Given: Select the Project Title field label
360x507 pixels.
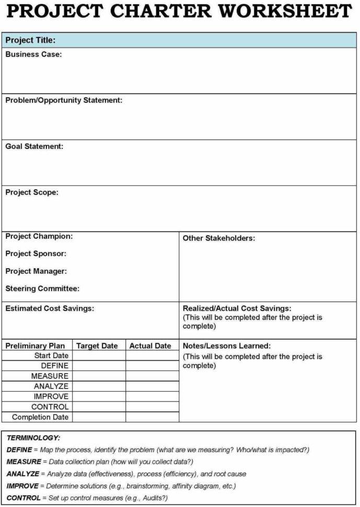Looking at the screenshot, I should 30,40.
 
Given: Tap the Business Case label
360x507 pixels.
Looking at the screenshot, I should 33,54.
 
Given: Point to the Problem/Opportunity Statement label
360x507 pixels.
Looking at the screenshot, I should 64,100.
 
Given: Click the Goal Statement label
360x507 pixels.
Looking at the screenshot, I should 34,146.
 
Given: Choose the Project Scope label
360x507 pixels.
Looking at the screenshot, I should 32,192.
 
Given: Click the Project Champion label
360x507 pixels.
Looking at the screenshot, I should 39,236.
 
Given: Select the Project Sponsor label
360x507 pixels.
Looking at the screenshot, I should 36,254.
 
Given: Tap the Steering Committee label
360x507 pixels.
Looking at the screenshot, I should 42,289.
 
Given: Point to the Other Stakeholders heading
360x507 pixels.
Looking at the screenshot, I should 219,238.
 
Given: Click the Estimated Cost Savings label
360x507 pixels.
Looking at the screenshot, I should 50,308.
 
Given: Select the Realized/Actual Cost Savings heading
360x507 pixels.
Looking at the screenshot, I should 237,308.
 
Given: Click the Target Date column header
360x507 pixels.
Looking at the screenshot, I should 97,346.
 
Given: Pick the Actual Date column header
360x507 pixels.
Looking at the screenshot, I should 150,346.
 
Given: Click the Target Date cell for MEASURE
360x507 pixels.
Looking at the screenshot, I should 99,376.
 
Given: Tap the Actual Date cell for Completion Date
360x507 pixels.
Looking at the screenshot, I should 152,417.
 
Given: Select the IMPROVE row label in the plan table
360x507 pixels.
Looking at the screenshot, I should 51,396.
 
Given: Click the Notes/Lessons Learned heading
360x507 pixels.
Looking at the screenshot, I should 227,346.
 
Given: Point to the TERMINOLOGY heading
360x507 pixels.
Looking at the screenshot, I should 33,437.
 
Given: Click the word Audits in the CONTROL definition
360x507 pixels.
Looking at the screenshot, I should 150,498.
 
